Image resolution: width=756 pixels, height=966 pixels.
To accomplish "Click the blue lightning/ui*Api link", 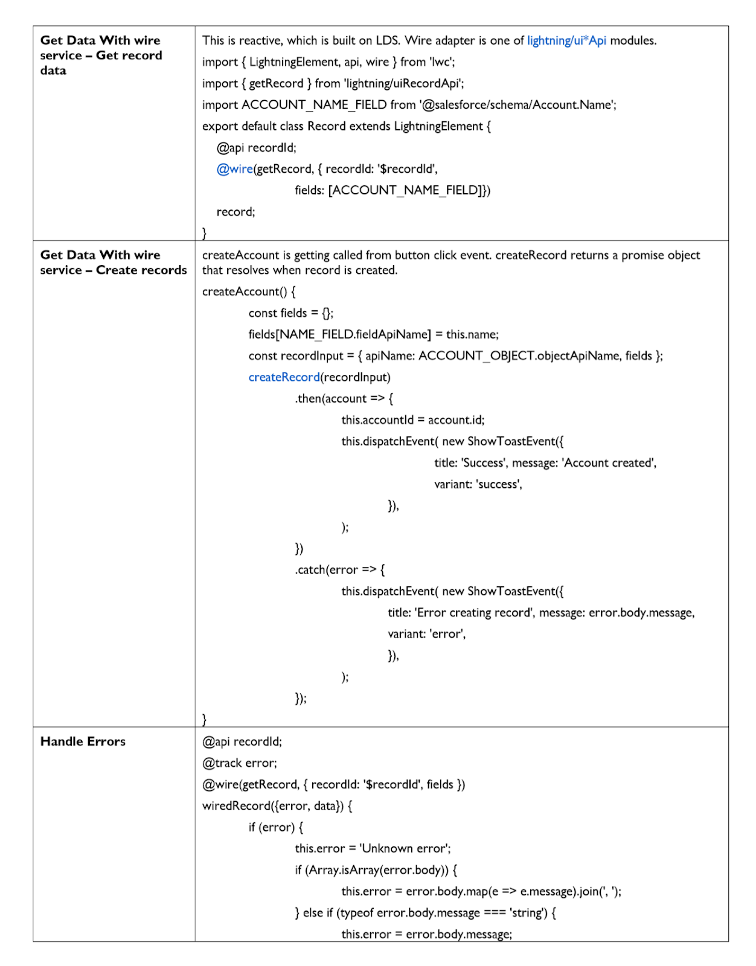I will coord(566,40).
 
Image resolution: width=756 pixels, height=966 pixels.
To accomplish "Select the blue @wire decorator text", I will coord(234,169).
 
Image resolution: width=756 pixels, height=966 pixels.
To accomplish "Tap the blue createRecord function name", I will coord(284,377).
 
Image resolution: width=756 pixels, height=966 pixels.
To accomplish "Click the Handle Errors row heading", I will coord(83,741).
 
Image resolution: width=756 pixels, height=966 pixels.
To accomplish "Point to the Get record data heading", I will coord(101,55).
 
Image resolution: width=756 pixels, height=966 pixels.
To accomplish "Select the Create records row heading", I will coord(114,263).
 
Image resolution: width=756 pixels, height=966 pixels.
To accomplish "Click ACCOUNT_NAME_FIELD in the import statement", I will coord(314,105).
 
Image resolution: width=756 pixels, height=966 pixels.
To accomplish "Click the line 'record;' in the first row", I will coord(235,212).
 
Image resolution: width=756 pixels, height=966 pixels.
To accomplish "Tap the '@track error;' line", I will coord(240,763).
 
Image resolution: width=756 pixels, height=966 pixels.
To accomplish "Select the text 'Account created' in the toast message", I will coord(609,463).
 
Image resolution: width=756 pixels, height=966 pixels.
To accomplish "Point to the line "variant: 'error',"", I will coord(426,634).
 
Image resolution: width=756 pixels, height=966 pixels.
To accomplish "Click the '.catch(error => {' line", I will coord(339,570).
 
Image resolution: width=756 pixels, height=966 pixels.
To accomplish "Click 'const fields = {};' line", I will coord(290,313).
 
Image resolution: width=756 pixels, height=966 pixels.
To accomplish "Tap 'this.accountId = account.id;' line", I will coord(412,420).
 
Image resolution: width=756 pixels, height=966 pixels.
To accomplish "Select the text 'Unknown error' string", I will coord(405,849).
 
